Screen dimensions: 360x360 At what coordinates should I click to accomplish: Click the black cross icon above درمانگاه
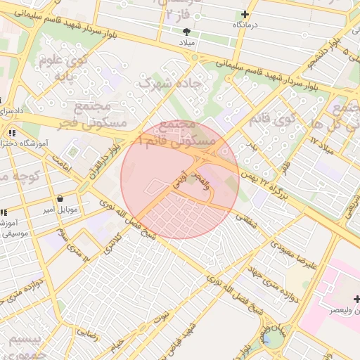(245, 14)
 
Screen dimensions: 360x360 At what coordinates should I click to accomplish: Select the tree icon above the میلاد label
(186, 32)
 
